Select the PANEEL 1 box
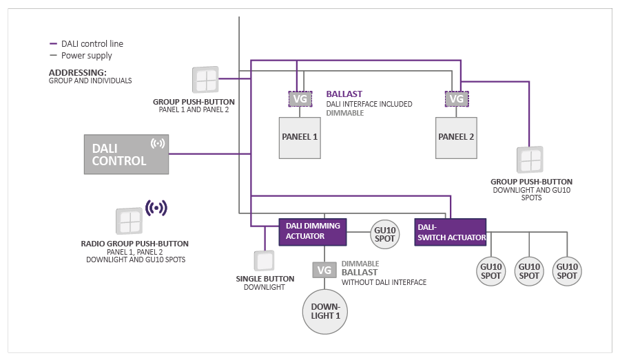pos(300,137)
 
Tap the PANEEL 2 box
pos(456,137)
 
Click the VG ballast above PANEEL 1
pos(300,99)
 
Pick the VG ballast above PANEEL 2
pos(456,99)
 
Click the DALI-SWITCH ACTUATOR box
pos(450,232)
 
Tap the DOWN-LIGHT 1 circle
pos(325,310)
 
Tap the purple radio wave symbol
pos(157,207)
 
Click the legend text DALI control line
pos(92,44)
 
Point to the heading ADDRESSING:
pos(77,72)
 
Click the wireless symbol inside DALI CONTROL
pos(158,143)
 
